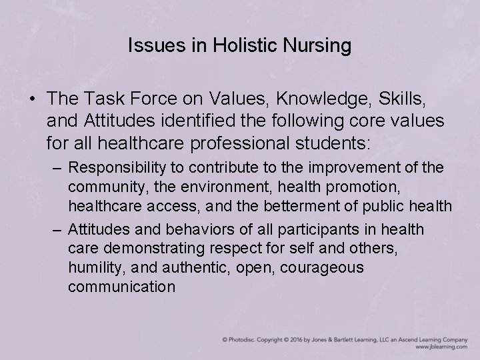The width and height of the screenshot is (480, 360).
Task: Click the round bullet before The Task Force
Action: click(x=32, y=99)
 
